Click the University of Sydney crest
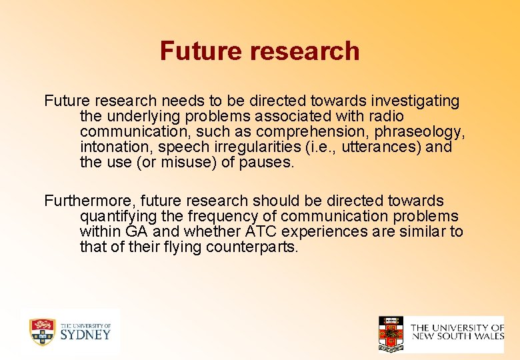pos(41,331)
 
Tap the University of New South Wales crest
pos(391,333)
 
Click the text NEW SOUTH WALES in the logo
pos(457,337)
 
